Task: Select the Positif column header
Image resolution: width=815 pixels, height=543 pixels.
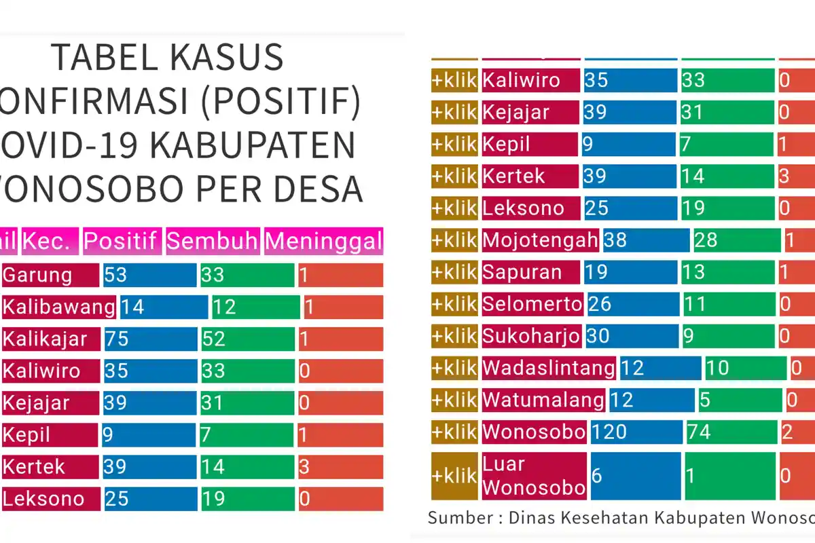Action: (x=122, y=241)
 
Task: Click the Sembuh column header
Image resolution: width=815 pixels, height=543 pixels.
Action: (x=213, y=241)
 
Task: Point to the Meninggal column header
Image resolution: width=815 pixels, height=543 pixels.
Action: (x=323, y=241)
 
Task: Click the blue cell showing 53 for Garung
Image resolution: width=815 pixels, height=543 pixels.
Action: (x=149, y=275)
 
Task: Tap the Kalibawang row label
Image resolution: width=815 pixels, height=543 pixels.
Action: (x=58, y=307)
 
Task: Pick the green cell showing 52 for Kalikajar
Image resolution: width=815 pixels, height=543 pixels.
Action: (x=248, y=339)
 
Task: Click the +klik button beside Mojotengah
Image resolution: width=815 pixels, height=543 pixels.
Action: (x=454, y=240)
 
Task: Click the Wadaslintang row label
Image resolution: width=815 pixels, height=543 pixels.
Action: (x=549, y=368)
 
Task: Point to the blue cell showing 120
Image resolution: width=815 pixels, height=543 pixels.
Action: (x=636, y=432)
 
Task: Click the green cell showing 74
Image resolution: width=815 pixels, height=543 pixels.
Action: (x=731, y=432)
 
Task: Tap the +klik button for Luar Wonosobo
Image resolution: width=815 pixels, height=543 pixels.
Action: (x=454, y=476)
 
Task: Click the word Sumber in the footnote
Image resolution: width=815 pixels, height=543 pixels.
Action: (x=461, y=519)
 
